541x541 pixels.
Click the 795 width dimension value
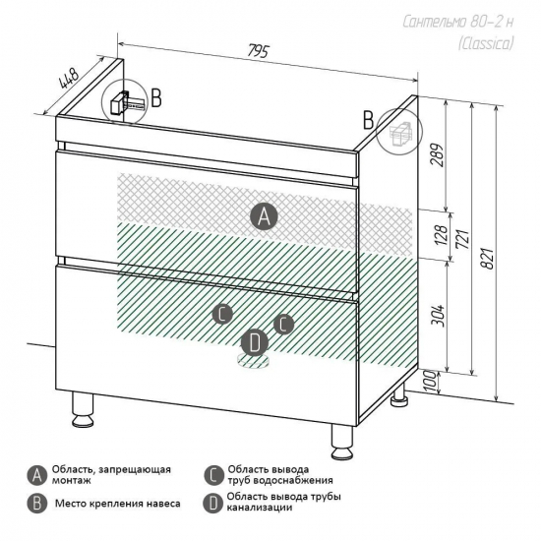tap(258, 51)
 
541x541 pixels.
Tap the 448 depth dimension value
tap(70, 79)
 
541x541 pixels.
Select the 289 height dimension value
tap(437, 154)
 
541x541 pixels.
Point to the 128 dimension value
tap(442, 235)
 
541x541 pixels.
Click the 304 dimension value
tap(439, 315)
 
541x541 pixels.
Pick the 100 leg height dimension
tap(430, 381)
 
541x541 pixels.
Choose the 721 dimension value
tap(462, 238)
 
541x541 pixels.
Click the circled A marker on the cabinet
tap(264, 216)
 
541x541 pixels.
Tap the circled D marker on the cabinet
tap(255, 343)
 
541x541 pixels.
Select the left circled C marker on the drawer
tap(222, 314)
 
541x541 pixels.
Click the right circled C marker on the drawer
tap(283, 324)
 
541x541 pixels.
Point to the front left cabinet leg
tap(83, 409)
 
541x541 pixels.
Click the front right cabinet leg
tap(342, 443)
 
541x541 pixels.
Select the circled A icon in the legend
tap(37, 476)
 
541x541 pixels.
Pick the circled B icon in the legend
tap(37, 504)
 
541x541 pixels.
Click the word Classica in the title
tap(486, 44)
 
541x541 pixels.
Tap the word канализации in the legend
tap(260, 508)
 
